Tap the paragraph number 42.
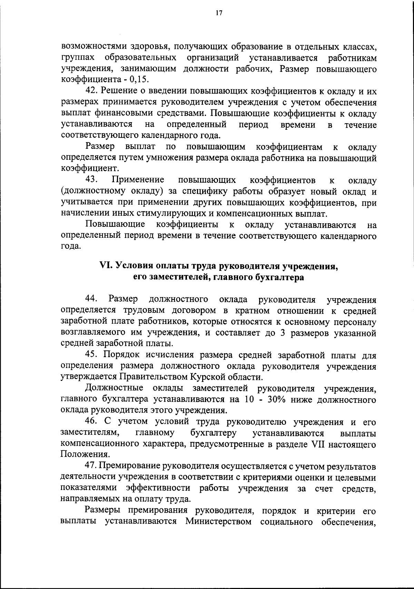(x=92, y=91)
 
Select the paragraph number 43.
(x=92, y=180)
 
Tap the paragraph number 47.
(x=91, y=467)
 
